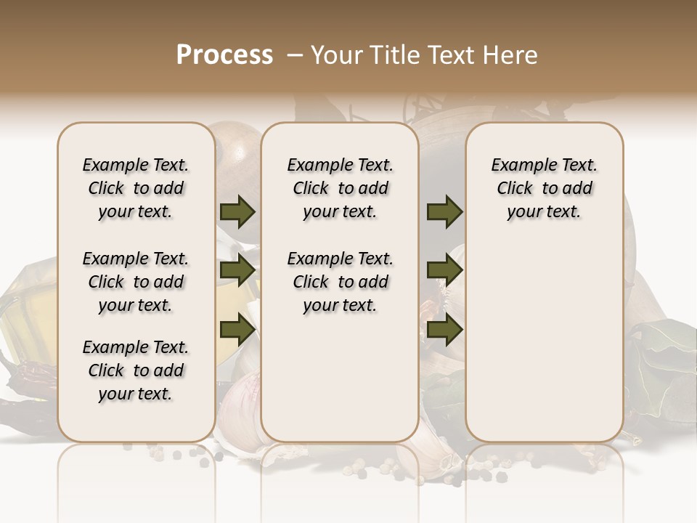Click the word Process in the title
point(224,54)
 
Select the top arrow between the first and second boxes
point(237,211)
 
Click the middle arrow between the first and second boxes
point(237,271)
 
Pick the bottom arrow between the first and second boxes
point(237,330)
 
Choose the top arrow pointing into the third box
point(444,211)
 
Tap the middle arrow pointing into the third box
point(444,271)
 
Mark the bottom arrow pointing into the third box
point(444,330)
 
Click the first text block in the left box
point(136,188)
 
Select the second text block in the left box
point(136,282)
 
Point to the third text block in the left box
point(136,370)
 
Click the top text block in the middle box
point(340,188)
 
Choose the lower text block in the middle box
point(340,282)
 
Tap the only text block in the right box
point(544,188)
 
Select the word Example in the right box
point(518,166)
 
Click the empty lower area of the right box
point(544,341)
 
